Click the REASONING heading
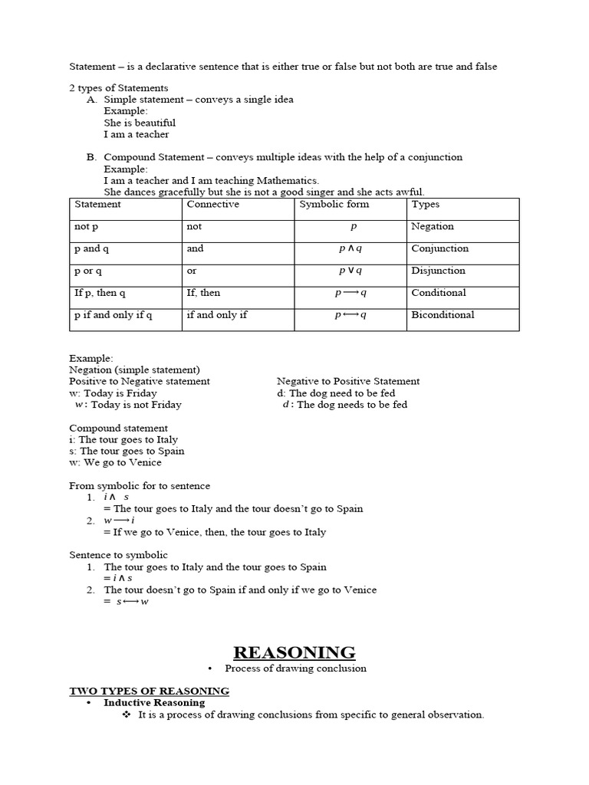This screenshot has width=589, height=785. coord(294,652)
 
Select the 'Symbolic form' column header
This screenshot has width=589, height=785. coord(334,205)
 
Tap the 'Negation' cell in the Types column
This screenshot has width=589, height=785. coord(433,227)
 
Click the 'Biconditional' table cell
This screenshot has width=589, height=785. coord(443,315)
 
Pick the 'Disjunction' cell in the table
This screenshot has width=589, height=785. coord(438,271)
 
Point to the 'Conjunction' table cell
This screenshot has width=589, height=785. coord(439,248)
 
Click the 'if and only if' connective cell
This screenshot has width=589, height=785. coord(217,315)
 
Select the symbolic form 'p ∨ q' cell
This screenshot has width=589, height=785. coord(350,271)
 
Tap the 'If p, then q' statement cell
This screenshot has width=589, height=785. coord(100,293)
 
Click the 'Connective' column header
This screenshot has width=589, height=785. coord(212,205)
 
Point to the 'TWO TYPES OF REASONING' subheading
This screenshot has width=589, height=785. coord(149,691)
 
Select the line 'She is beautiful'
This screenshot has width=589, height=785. coord(140,123)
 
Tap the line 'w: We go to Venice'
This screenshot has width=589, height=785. coord(115,462)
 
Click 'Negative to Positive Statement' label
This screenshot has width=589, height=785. coord(348,381)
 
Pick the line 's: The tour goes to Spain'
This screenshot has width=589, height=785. coord(127,451)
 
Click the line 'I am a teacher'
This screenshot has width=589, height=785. coord(137,134)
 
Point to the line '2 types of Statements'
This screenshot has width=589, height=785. coord(118,88)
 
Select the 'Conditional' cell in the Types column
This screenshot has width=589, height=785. coord(438,293)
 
